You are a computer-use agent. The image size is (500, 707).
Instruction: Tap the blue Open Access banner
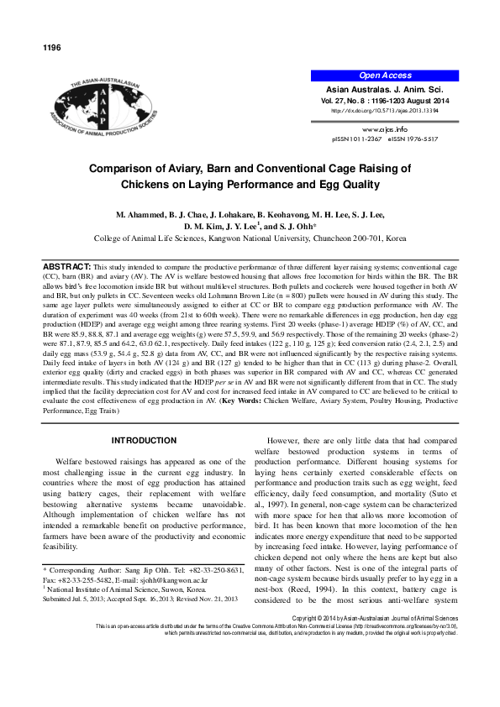[385, 76]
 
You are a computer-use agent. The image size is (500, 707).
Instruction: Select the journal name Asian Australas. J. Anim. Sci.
[385, 89]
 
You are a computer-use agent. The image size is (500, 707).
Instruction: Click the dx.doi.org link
[385, 110]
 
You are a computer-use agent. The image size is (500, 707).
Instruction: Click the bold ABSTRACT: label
[66, 266]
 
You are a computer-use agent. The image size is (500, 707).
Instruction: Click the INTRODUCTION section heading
[145, 440]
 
